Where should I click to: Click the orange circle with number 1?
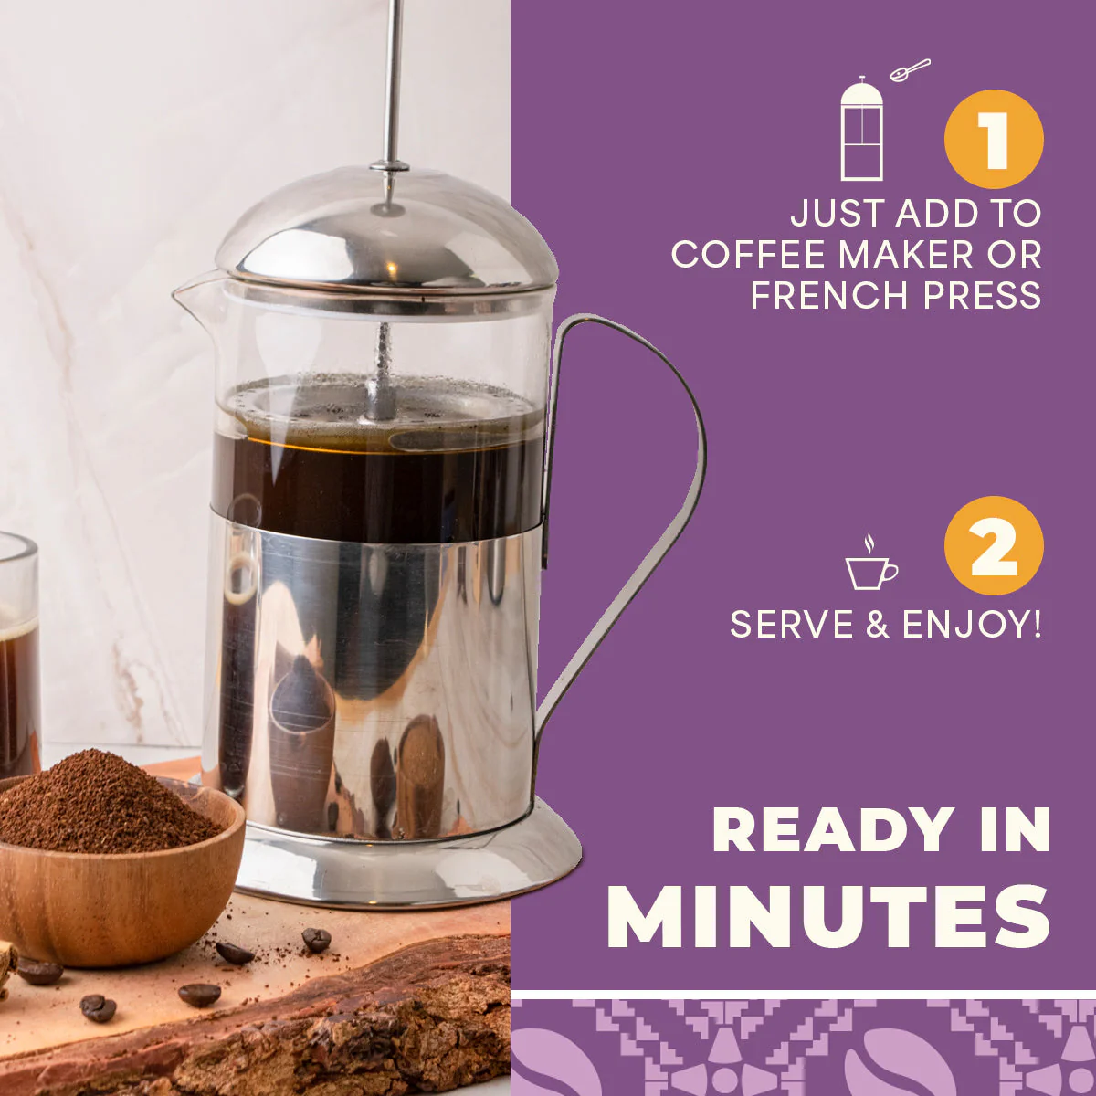(x=994, y=140)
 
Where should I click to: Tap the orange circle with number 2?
(x=994, y=545)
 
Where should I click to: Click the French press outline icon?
(x=861, y=129)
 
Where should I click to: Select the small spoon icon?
(x=910, y=70)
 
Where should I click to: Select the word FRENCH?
(x=830, y=295)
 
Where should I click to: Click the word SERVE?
(x=792, y=624)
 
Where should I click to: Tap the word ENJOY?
(x=972, y=624)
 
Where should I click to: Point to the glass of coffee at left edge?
(x=19, y=654)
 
